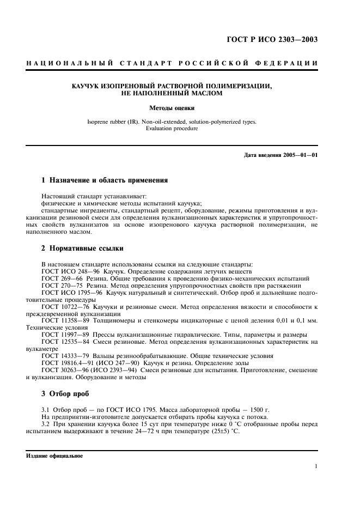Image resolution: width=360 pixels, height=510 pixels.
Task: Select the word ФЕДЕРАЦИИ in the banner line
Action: click(x=294, y=64)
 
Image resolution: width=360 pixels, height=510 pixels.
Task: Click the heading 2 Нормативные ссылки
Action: click(x=82, y=248)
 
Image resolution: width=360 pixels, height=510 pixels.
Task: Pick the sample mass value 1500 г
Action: click(x=259, y=409)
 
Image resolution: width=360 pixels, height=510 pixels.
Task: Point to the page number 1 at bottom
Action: click(x=316, y=466)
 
